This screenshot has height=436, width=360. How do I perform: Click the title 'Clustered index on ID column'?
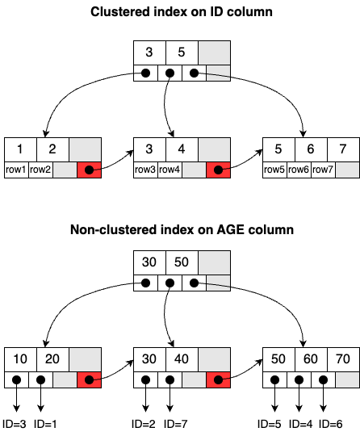click(x=180, y=12)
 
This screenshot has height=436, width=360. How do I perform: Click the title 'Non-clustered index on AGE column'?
click(x=180, y=229)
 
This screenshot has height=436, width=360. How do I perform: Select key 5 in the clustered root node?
click(x=182, y=53)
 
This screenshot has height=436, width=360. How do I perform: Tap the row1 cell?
click(x=16, y=170)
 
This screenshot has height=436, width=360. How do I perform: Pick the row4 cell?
click(x=170, y=170)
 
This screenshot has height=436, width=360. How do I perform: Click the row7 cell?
click(x=323, y=170)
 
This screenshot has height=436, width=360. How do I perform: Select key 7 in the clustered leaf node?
click(x=343, y=149)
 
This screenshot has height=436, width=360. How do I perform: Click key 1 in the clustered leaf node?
click(x=20, y=149)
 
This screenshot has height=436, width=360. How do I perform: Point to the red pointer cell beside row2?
click(x=89, y=170)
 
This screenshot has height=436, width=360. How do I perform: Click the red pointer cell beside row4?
click(x=218, y=170)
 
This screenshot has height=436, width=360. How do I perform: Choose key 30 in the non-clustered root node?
click(x=149, y=263)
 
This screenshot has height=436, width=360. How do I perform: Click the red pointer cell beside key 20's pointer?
click(x=89, y=379)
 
